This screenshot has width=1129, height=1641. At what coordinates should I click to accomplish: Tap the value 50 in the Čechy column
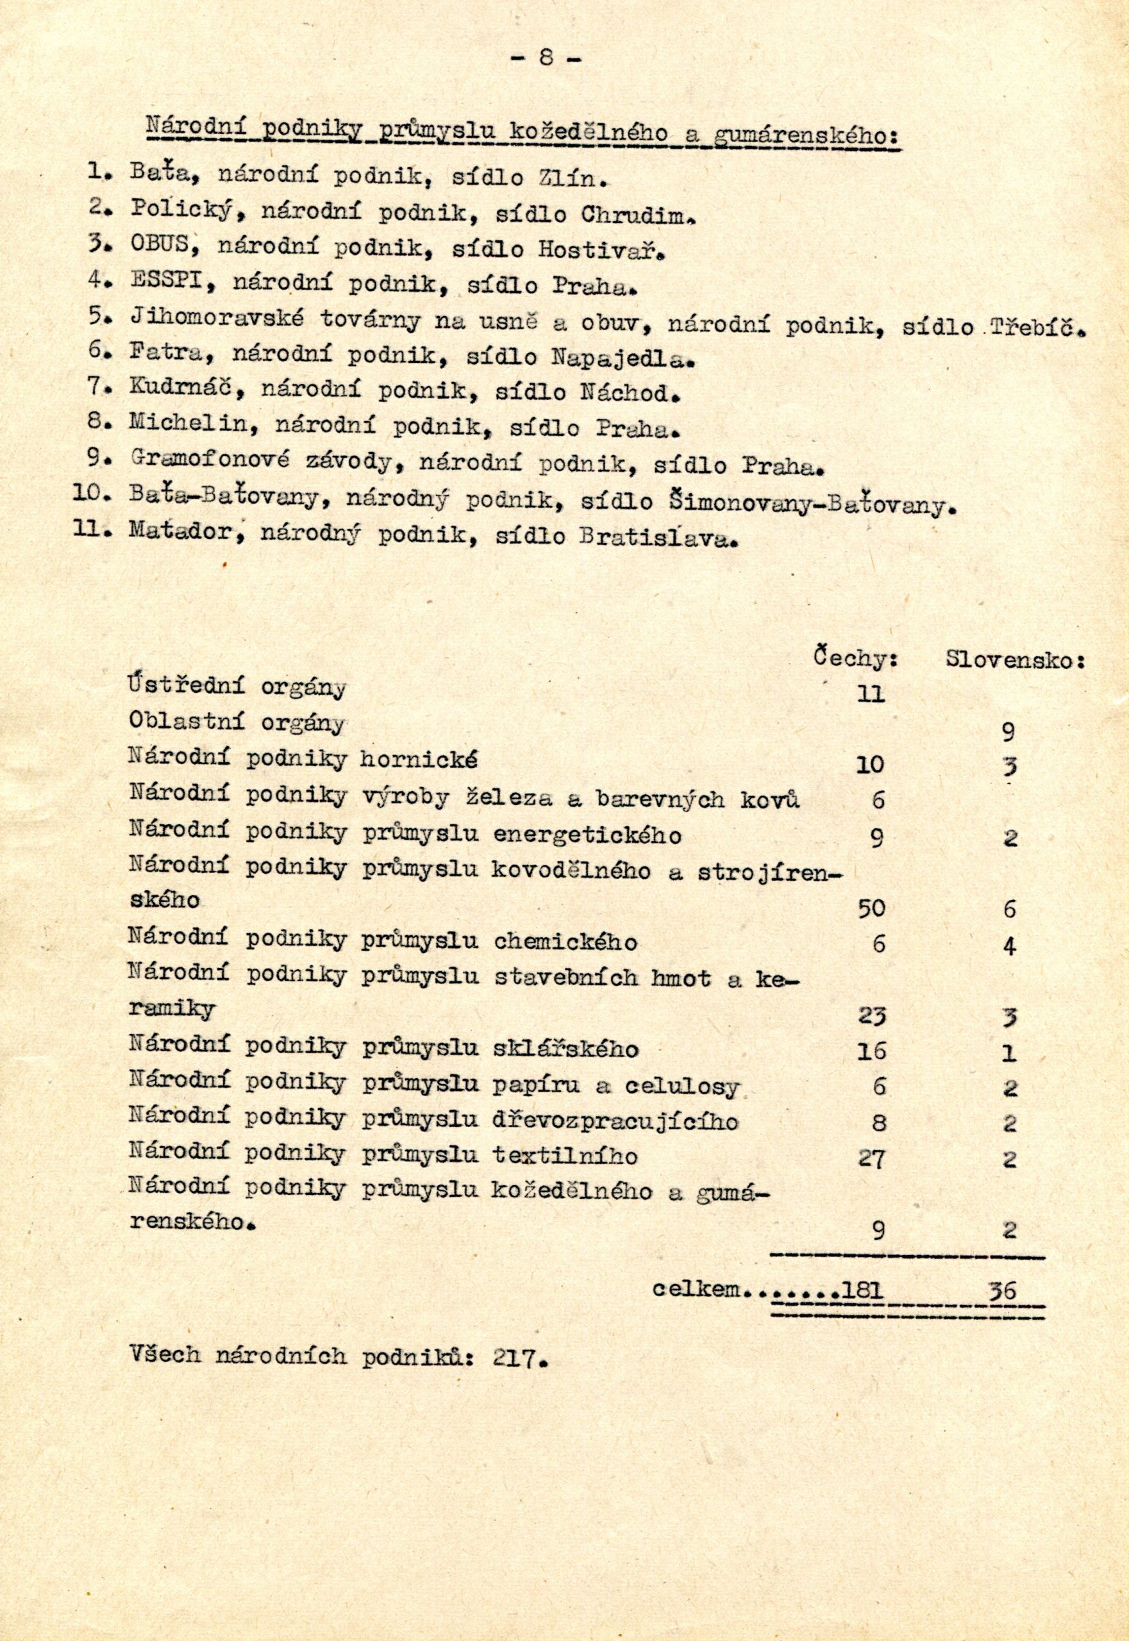pos(871,909)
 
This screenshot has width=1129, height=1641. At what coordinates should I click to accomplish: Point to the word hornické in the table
pos(418,760)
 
